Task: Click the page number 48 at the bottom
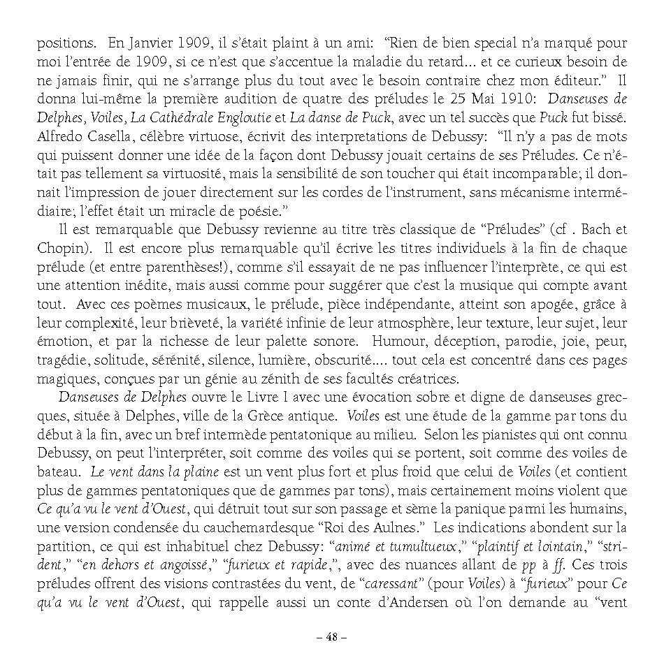point(331,637)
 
